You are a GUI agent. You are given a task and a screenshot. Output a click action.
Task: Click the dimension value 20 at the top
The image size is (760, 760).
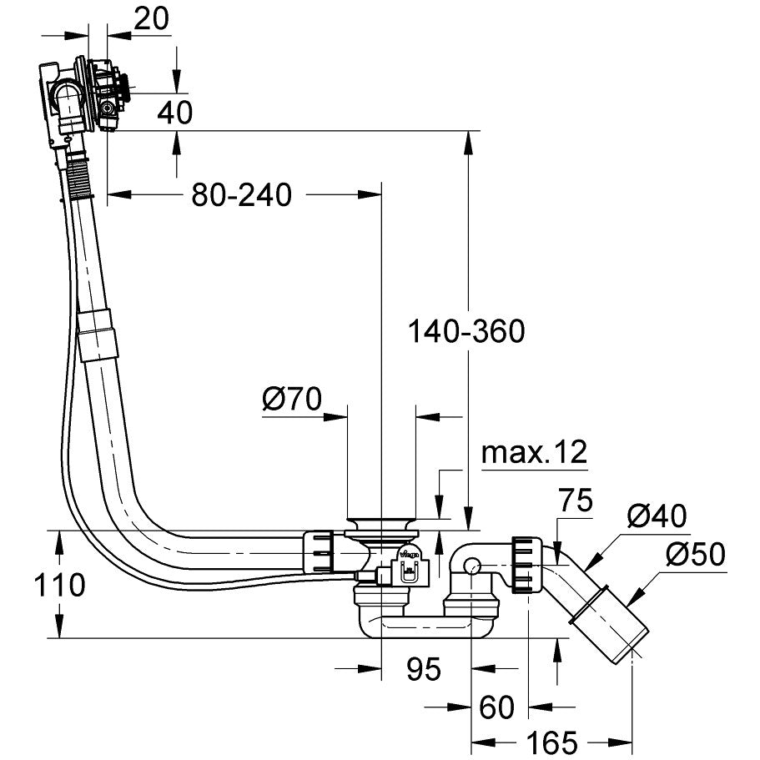(151, 19)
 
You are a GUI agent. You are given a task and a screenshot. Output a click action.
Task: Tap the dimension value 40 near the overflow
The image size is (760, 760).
(174, 111)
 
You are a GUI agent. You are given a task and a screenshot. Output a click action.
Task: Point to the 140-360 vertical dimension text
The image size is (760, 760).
(466, 331)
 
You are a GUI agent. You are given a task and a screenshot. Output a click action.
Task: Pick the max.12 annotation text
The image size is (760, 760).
(534, 452)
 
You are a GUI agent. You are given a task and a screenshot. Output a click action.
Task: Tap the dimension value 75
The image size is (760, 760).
(574, 501)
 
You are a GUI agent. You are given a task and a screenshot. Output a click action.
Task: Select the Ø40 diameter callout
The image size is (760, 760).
(658, 516)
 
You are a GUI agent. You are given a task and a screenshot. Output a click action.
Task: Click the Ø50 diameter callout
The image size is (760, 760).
(696, 553)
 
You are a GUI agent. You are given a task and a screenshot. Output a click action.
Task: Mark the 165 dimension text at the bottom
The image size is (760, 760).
(553, 741)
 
